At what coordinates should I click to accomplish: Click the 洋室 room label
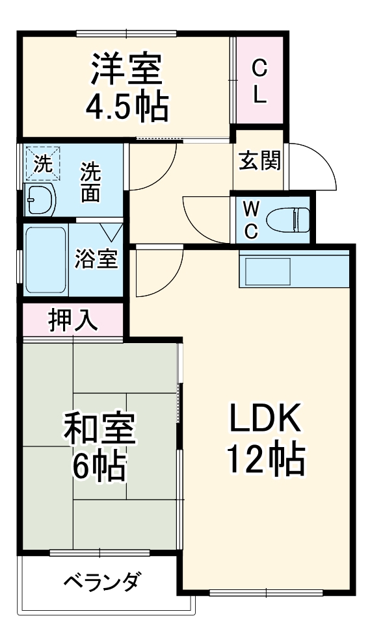[126, 69]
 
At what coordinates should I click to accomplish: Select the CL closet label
[259, 81]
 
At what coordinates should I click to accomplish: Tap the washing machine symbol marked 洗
[42, 162]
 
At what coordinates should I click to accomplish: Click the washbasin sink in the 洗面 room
[41, 199]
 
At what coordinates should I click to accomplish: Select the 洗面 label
[91, 183]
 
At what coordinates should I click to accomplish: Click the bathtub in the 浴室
[46, 260]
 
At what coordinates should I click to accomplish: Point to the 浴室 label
[96, 259]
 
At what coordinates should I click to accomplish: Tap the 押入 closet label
[73, 320]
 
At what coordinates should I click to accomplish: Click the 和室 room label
[99, 429]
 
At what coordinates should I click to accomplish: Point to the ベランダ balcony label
[100, 580]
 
